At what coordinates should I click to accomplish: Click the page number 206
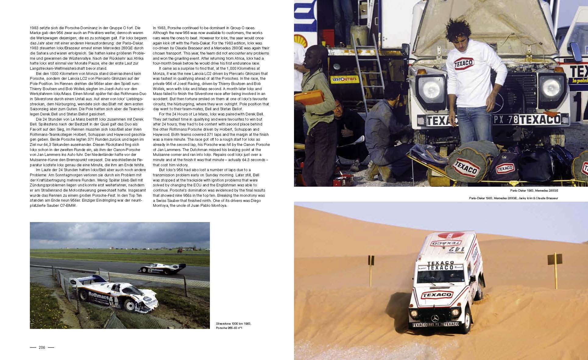pos(42,347)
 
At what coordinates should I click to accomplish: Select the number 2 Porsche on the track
pos(162,269)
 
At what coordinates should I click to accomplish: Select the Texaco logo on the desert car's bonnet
pos(436,295)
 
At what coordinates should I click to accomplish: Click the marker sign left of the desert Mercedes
pos(371,260)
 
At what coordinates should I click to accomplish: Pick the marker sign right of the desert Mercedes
pos(555,259)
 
